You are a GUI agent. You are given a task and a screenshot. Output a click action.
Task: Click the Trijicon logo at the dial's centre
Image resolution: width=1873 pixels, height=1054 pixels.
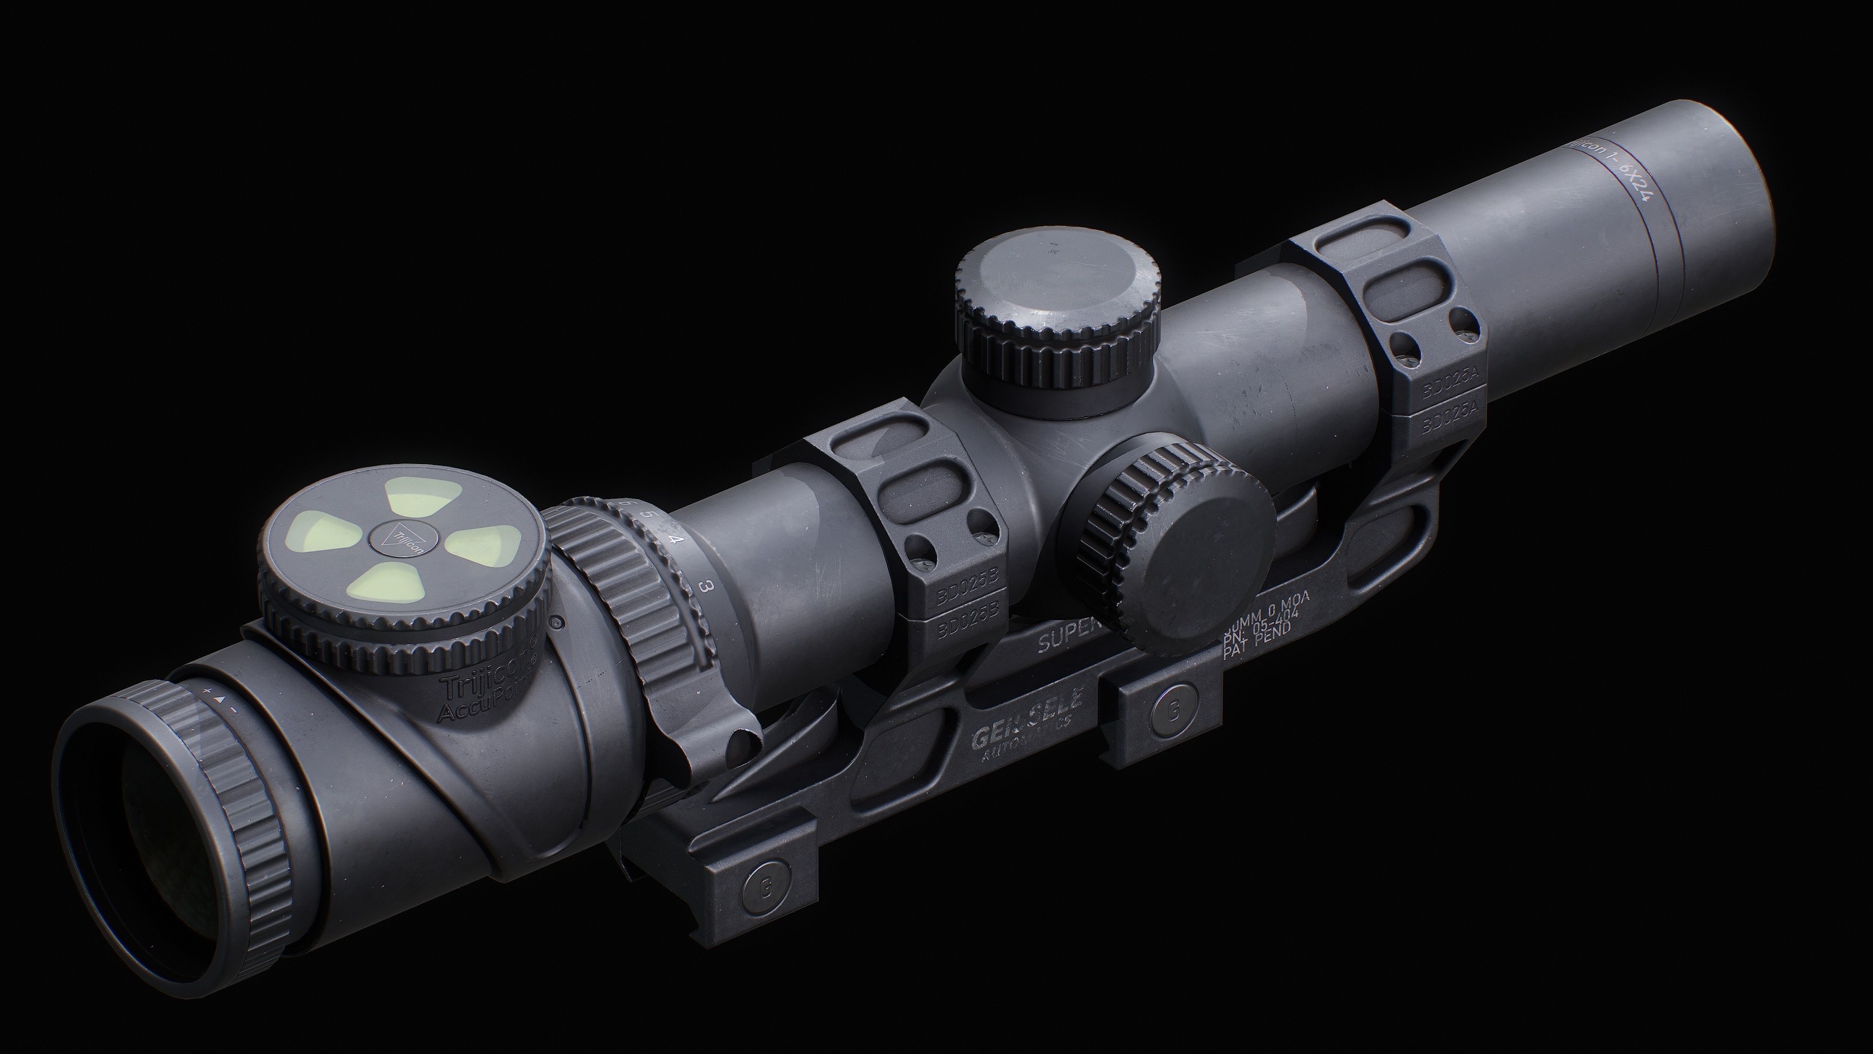coord(402,540)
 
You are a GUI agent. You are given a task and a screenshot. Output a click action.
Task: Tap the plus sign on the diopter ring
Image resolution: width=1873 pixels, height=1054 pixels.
coord(207,689)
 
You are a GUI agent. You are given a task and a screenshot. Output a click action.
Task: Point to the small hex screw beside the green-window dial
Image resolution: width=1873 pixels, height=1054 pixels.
coord(558,623)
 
